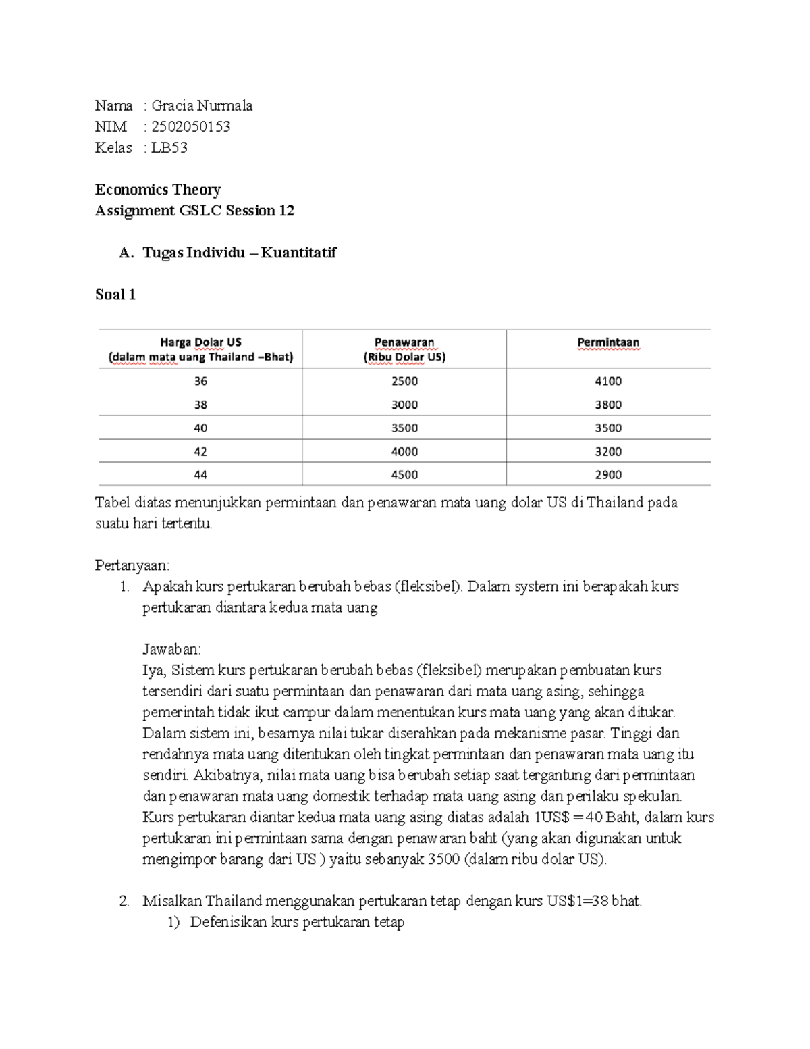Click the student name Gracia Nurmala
[202, 106]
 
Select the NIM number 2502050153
[191, 127]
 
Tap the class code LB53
[169, 148]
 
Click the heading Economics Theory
[158, 190]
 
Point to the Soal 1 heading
[115, 295]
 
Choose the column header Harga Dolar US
[200, 342]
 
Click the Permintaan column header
[608, 342]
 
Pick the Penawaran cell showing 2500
[404, 381]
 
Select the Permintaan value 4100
[608, 381]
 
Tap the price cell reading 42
[200, 451]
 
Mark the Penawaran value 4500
[404, 475]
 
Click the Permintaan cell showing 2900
[608, 475]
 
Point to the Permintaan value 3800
[608, 405]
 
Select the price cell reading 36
[200, 381]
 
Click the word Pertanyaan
[133, 565]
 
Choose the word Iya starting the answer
[153, 671]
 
